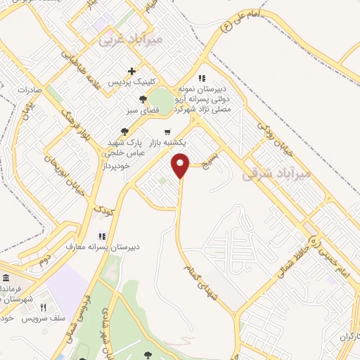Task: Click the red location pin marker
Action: pyautogui.click(x=181, y=165)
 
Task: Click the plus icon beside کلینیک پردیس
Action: pyautogui.click(x=131, y=71)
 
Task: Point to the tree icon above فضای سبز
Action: pyautogui.click(x=143, y=99)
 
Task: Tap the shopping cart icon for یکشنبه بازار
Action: pyautogui.click(x=167, y=131)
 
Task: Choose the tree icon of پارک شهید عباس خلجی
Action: pyautogui.click(x=124, y=131)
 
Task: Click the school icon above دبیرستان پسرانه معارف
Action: pyautogui.click(x=101, y=236)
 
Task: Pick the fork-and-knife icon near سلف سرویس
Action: pyautogui.click(x=43, y=307)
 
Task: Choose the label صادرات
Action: pyautogui.click(x=20, y=91)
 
